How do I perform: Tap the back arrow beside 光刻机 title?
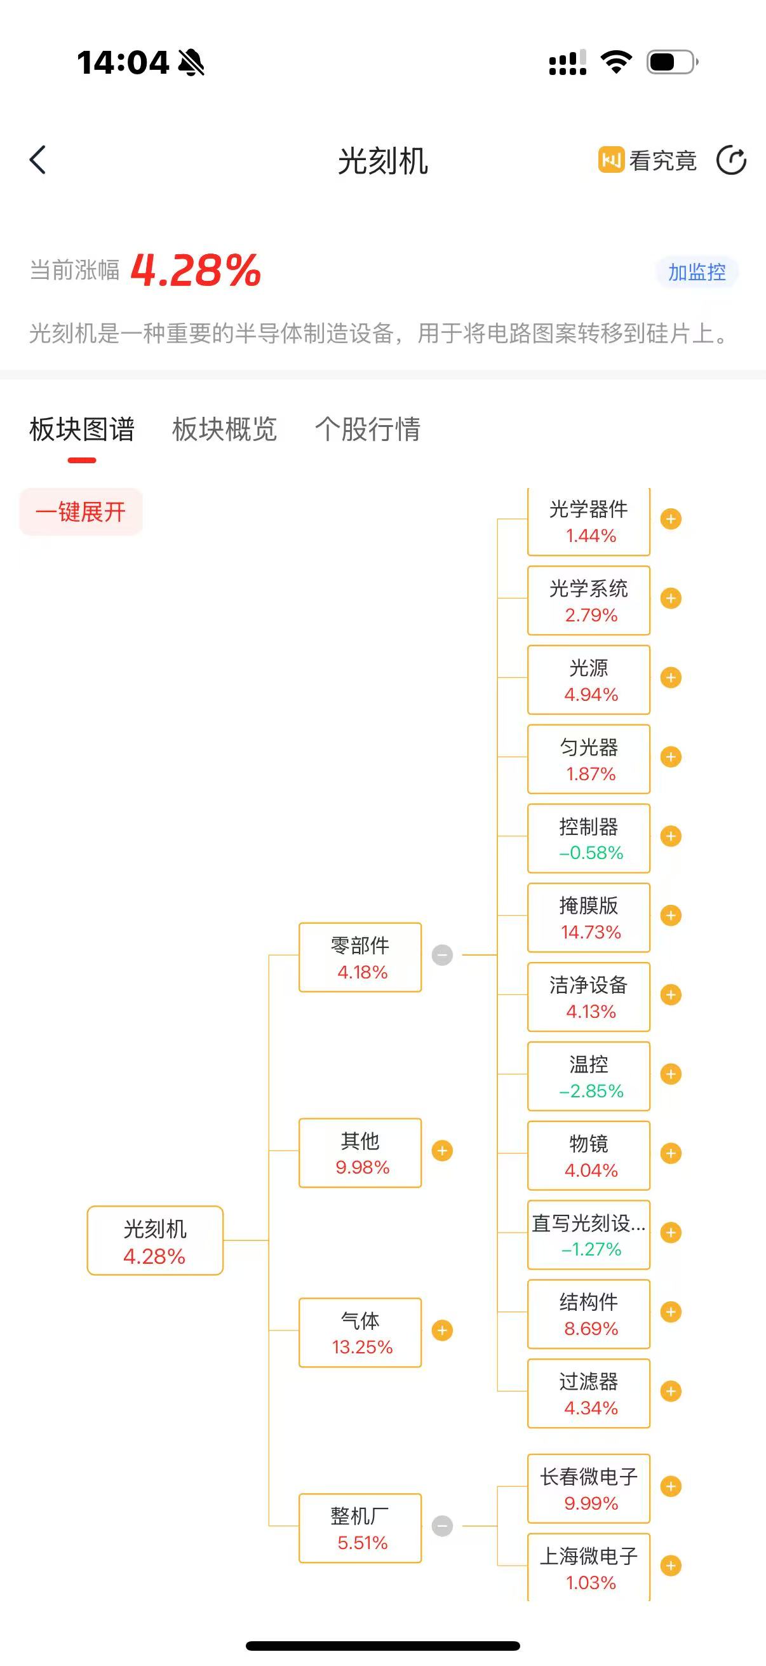pyautogui.click(x=38, y=159)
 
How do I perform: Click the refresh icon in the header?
pyautogui.click(x=731, y=160)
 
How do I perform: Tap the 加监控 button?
pyautogui.click(x=696, y=273)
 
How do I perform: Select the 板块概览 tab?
pyautogui.click(x=224, y=430)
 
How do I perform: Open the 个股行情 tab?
pyautogui.click(x=367, y=430)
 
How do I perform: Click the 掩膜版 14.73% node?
pyautogui.click(x=588, y=918)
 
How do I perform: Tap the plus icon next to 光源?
pyautogui.click(x=670, y=678)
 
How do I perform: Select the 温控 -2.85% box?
pyautogui.click(x=588, y=1076)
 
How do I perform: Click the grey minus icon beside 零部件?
pyautogui.click(x=442, y=955)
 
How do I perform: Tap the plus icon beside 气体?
pyautogui.click(x=442, y=1331)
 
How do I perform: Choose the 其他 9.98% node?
pyautogui.click(x=360, y=1153)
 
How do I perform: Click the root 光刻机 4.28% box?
pyautogui.click(x=155, y=1240)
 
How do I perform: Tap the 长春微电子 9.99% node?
pyautogui.click(x=588, y=1488)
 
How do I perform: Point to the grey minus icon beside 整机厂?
pyautogui.click(x=442, y=1526)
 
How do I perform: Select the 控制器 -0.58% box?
pyautogui.click(x=588, y=838)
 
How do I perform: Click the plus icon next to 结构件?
pyautogui.click(x=670, y=1311)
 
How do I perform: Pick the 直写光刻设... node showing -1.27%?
pyautogui.click(x=588, y=1235)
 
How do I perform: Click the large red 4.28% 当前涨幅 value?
pyautogui.click(x=195, y=270)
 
